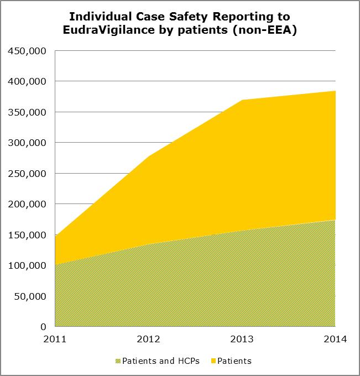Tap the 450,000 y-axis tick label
pyautogui.click(x=28, y=51)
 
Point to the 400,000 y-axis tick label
pyautogui.click(x=28, y=81)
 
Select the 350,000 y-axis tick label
pyautogui.click(x=28, y=112)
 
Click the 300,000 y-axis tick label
pyautogui.click(x=28, y=143)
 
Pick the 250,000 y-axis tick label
pyautogui.click(x=28, y=174)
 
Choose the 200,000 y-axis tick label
pyautogui.click(x=28, y=204)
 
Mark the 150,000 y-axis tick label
pyautogui.click(x=28, y=235)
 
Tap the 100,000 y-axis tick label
pyautogui.click(x=28, y=265)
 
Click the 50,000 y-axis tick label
pyautogui.click(x=30, y=296)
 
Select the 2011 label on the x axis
pyautogui.click(x=55, y=338)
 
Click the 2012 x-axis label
pyautogui.click(x=149, y=338)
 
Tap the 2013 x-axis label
pyautogui.click(x=242, y=338)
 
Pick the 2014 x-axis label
pyautogui.click(x=335, y=338)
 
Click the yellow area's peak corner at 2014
pyautogui.click(x=335, y=91)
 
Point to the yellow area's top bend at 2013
pyautogui.click(x=242, y=100)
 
